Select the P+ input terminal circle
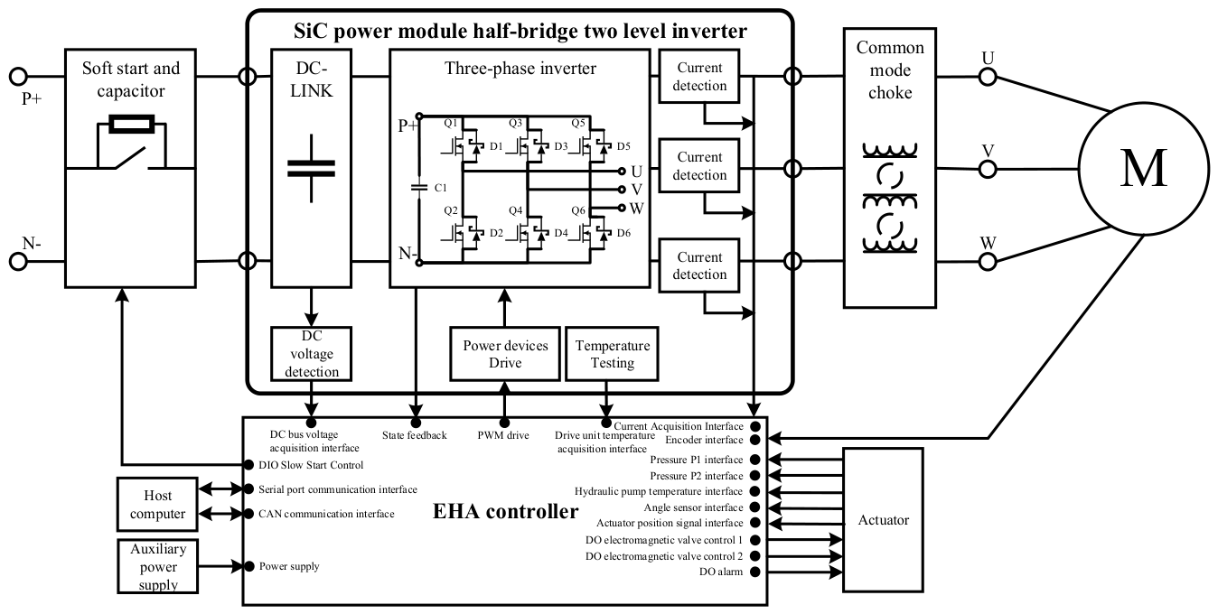pos(18,77)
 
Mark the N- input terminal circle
pos(18,261)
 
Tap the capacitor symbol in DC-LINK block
pos(311,169)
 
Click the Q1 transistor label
pos(451,123)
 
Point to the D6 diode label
pos(623,233)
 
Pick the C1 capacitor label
pos(440,188)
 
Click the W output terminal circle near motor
pos(988,262)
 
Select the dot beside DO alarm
pos(754,572)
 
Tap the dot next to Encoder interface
pos(754,440)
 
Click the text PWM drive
pos(503,435)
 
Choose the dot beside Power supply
pos(249,566)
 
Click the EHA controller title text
pos(505,511)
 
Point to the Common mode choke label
pos(890,70)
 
